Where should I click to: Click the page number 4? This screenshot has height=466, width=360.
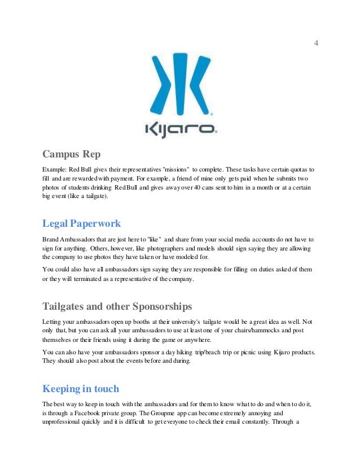[316, 43]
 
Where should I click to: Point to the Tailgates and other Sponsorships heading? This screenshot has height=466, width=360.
[117, 307]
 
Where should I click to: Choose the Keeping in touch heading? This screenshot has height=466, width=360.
[81, 389]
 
